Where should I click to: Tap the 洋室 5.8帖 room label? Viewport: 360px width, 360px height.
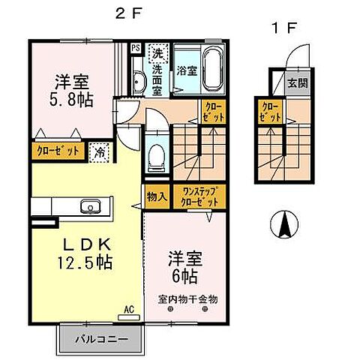(73, 91)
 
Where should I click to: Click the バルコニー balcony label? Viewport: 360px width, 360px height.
(100, 339)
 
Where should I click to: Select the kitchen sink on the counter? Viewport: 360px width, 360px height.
(90, 205)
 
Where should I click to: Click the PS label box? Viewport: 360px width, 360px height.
(136, 48)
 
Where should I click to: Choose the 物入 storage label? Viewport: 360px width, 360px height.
(156, 196)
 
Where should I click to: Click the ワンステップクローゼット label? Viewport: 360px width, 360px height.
(196, 197)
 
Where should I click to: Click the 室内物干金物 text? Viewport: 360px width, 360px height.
(187, 299)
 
